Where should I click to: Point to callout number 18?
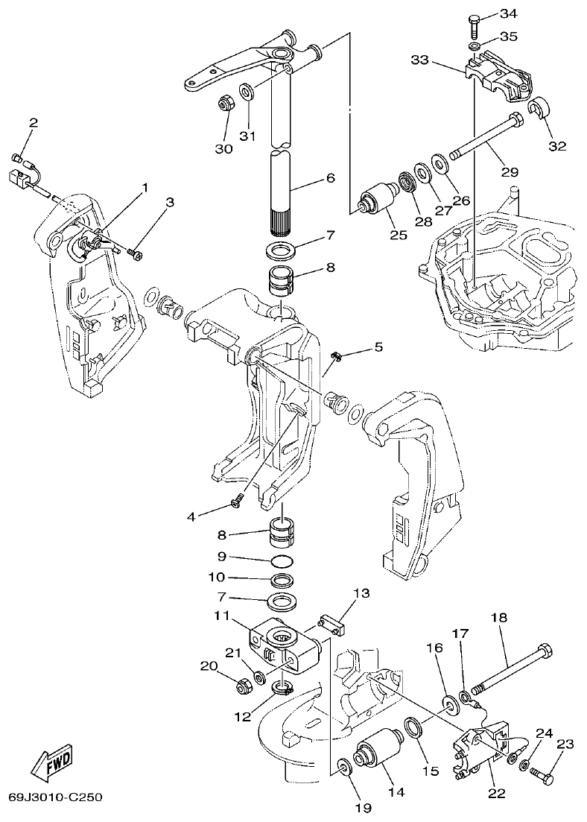(498, 618)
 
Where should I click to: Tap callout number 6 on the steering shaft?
(330, 178)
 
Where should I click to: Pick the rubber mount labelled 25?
(379, 200)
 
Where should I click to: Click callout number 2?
(34, 122)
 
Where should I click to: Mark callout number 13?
(361, 593)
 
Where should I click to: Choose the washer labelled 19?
(343, 768)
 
